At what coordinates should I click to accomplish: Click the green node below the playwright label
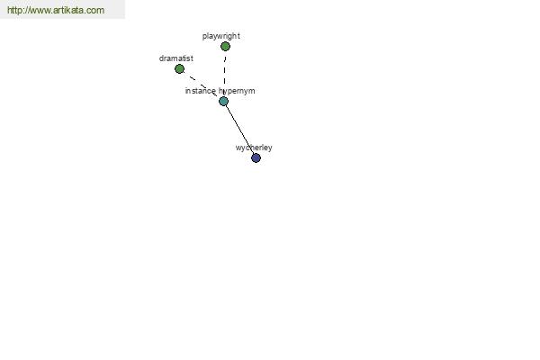click(x=225, y=46)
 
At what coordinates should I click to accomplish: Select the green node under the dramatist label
click(x=179, y=69)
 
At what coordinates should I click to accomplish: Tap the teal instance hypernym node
click(x=223, y=102)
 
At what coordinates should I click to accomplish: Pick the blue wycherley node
click(x=256, y=158)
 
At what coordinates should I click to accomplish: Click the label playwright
click(x=221, y=36)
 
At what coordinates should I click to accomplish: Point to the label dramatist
click(x=176, y=58)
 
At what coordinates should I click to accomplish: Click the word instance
click(x=201, y=91)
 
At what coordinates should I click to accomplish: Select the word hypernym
click(x=237, y=91)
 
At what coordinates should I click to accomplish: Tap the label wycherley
click(x=254, y=148)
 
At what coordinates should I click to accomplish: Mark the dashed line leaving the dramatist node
click(x=201, y=85)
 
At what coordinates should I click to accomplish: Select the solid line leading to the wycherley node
click(x=239, y=130)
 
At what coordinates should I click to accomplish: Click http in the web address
click(x=14, y=10)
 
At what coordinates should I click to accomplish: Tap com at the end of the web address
click(x=95, y=11)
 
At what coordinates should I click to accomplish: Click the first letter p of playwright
click(x=204, y=37)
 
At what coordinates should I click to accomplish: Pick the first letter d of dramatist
click(x=161, y=58)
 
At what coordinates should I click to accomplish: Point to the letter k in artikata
click(x=67, y=10)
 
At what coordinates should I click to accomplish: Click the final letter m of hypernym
click(x=252, y=91)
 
